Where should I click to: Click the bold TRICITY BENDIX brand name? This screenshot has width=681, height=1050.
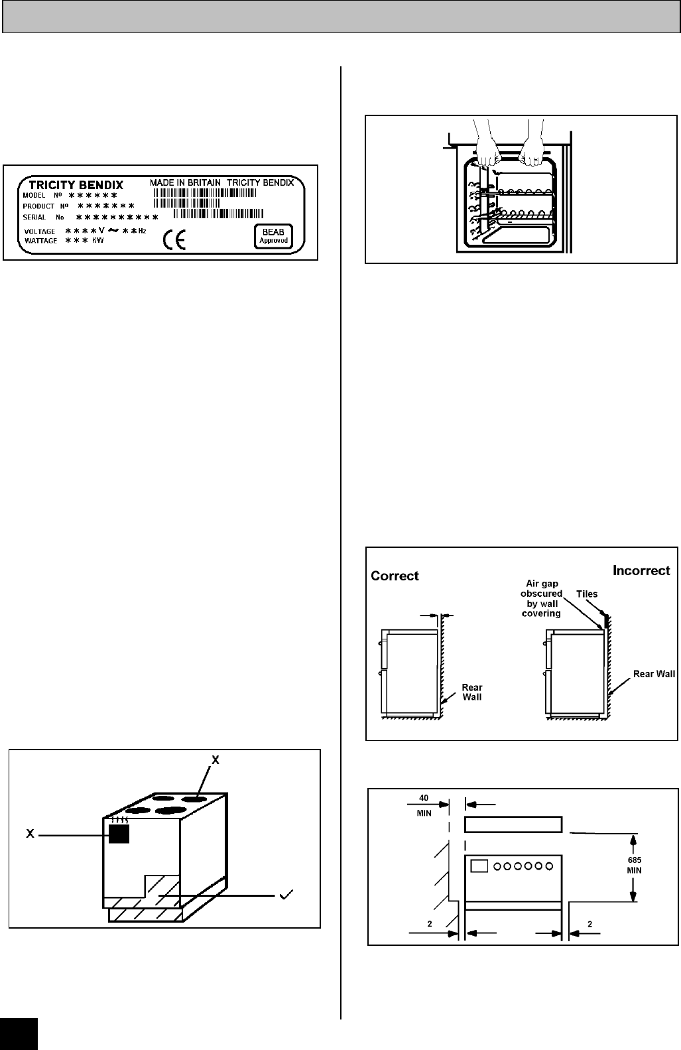(x=76, y=185)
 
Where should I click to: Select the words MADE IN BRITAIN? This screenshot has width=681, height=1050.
(x=185, y=182)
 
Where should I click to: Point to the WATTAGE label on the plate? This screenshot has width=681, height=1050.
(x=40, y=241)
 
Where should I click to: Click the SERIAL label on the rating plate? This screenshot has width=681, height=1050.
(x=34, y=218)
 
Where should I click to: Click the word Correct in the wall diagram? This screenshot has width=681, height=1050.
(x=395, y=576)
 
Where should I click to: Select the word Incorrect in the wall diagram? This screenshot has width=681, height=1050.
(x=641, y=570)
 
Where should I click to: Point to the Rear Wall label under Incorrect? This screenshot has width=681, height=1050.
(x=654, y=674)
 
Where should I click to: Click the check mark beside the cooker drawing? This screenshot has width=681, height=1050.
(x=288, y=895)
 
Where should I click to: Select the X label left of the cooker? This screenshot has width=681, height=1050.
(x=30, y=834)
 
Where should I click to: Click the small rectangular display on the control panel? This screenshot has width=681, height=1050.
(x=479, y=866)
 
